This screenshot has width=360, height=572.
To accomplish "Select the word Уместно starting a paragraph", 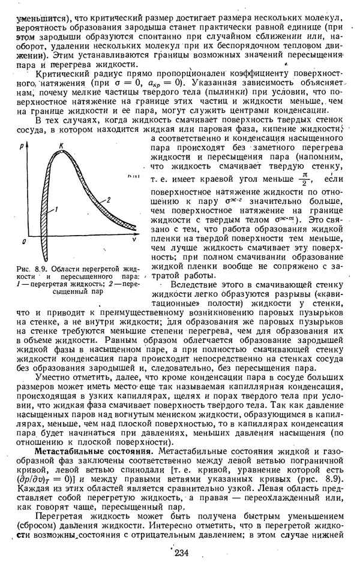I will [x=55, y=377].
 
